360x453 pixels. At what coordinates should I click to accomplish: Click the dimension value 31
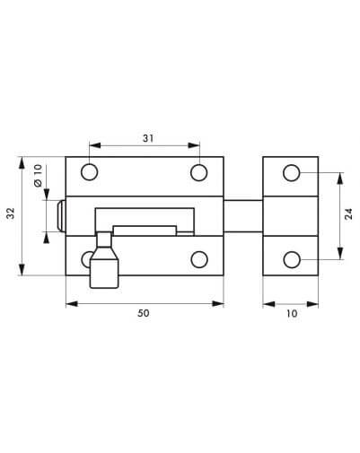(148, 138)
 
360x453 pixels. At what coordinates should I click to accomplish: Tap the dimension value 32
(11, 213)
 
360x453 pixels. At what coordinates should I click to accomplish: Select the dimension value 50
(144, 313)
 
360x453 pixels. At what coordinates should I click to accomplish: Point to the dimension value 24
(348, 214)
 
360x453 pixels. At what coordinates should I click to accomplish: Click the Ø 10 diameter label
(38, 176)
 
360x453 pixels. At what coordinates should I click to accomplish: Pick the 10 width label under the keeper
(292, 313)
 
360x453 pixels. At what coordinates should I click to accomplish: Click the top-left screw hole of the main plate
(89, 172)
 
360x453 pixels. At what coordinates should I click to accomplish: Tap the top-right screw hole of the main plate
(199, 172)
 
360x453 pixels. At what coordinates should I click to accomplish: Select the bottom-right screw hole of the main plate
(199, 259)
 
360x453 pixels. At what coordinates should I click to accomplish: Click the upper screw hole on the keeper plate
(292, 173)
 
